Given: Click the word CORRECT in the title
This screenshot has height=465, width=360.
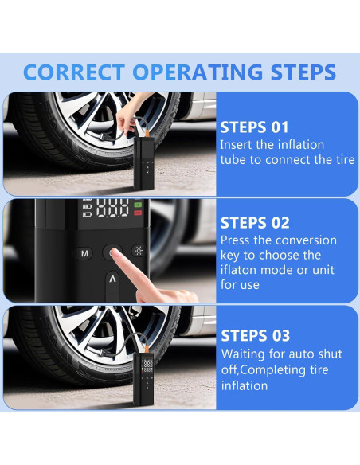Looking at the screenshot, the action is tap(74, 72).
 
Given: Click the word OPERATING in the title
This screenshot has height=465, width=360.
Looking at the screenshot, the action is tap(198, 72).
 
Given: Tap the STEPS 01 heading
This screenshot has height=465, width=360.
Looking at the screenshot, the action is tap(254, 127).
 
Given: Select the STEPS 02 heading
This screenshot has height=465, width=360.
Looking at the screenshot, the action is tap(255, 223).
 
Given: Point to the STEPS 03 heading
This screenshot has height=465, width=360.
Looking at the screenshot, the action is tap(256, 336).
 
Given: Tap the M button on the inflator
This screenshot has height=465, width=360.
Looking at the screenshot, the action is tap(84, 253).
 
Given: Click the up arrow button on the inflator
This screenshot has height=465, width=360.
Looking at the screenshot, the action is tap(112, 284).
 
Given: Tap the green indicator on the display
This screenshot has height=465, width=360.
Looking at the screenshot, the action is tap(138, 205).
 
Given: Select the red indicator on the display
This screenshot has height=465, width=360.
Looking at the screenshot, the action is tap(138, 213).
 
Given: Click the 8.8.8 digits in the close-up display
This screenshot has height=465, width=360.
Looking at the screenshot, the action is tap(112, 208).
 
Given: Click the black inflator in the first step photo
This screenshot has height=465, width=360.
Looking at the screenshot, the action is tap(144, 162).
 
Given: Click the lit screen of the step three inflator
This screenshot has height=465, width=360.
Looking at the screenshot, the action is tap(147, 365).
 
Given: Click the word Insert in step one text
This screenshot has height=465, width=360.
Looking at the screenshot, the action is tap(236, 145).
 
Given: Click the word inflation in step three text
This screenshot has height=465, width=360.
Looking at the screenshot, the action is tap(245, 386).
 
